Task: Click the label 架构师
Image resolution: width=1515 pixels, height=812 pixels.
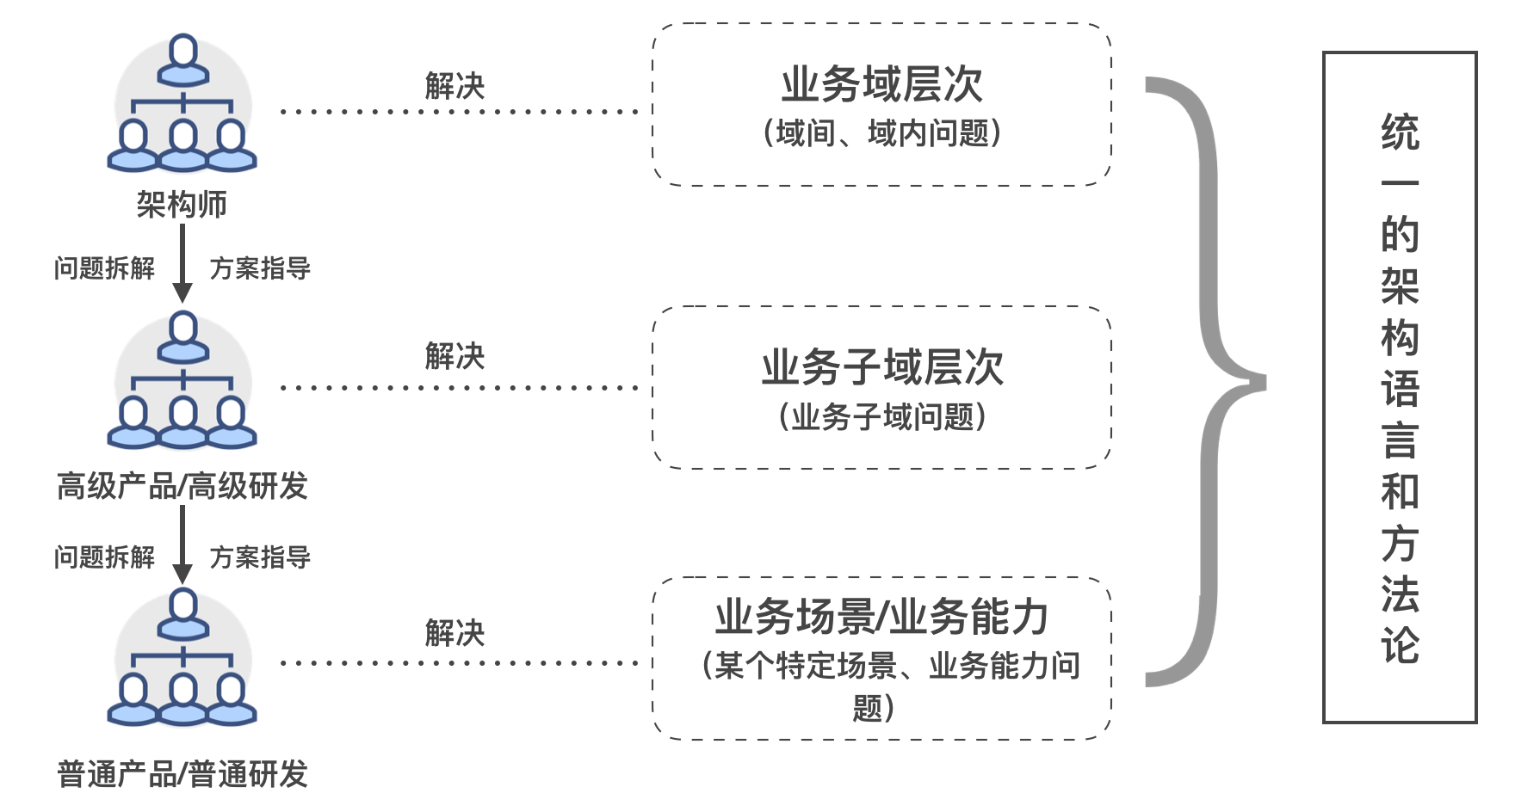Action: point(182,205)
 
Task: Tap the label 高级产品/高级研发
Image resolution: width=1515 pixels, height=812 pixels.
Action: point(182,486)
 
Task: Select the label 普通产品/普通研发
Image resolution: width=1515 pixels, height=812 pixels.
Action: point(182,774)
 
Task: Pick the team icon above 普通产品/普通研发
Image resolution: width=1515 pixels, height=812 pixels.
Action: point(182,657)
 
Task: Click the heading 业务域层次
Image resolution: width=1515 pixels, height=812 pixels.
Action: point(881,84)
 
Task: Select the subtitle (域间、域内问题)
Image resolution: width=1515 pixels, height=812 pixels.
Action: point(881,133)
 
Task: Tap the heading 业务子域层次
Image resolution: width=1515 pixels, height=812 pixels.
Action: point(881,367)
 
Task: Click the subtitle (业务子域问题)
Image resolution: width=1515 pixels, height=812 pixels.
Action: point(881,417)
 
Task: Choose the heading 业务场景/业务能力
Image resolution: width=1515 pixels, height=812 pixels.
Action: point(881,617)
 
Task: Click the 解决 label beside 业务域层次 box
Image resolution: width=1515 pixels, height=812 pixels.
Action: point(454,86)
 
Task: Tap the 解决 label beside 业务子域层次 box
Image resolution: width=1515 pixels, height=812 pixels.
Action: point(454,356)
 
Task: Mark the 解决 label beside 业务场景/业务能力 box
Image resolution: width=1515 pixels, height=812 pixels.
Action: point(454,634)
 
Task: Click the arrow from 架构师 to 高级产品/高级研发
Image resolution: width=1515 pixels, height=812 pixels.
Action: point(182,263)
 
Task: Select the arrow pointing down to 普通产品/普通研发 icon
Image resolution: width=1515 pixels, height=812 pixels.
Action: point(182,545)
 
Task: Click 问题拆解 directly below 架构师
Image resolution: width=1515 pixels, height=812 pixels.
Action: point(104,268)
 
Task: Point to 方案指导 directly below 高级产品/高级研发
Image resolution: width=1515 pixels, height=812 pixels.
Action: point(260,557)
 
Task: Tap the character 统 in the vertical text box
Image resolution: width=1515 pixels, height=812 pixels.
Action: point(1400,133)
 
